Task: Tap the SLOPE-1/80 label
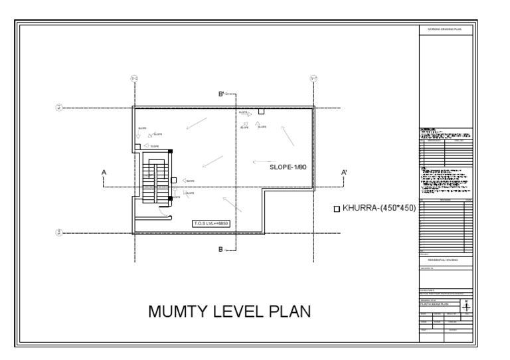coord(288,167)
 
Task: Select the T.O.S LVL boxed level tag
coord(211,223)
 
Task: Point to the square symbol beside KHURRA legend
coord(336,209)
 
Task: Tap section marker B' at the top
coord(222,96)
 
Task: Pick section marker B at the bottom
coord(221,250)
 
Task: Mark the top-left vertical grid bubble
coord(135,79)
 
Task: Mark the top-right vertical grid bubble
coord(313,79)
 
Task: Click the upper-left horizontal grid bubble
coord(58,108)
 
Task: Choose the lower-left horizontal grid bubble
coord(58,232)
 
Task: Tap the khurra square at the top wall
coord(262,111)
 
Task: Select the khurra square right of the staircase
coord(174,180)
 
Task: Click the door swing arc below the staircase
coord(167,213)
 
